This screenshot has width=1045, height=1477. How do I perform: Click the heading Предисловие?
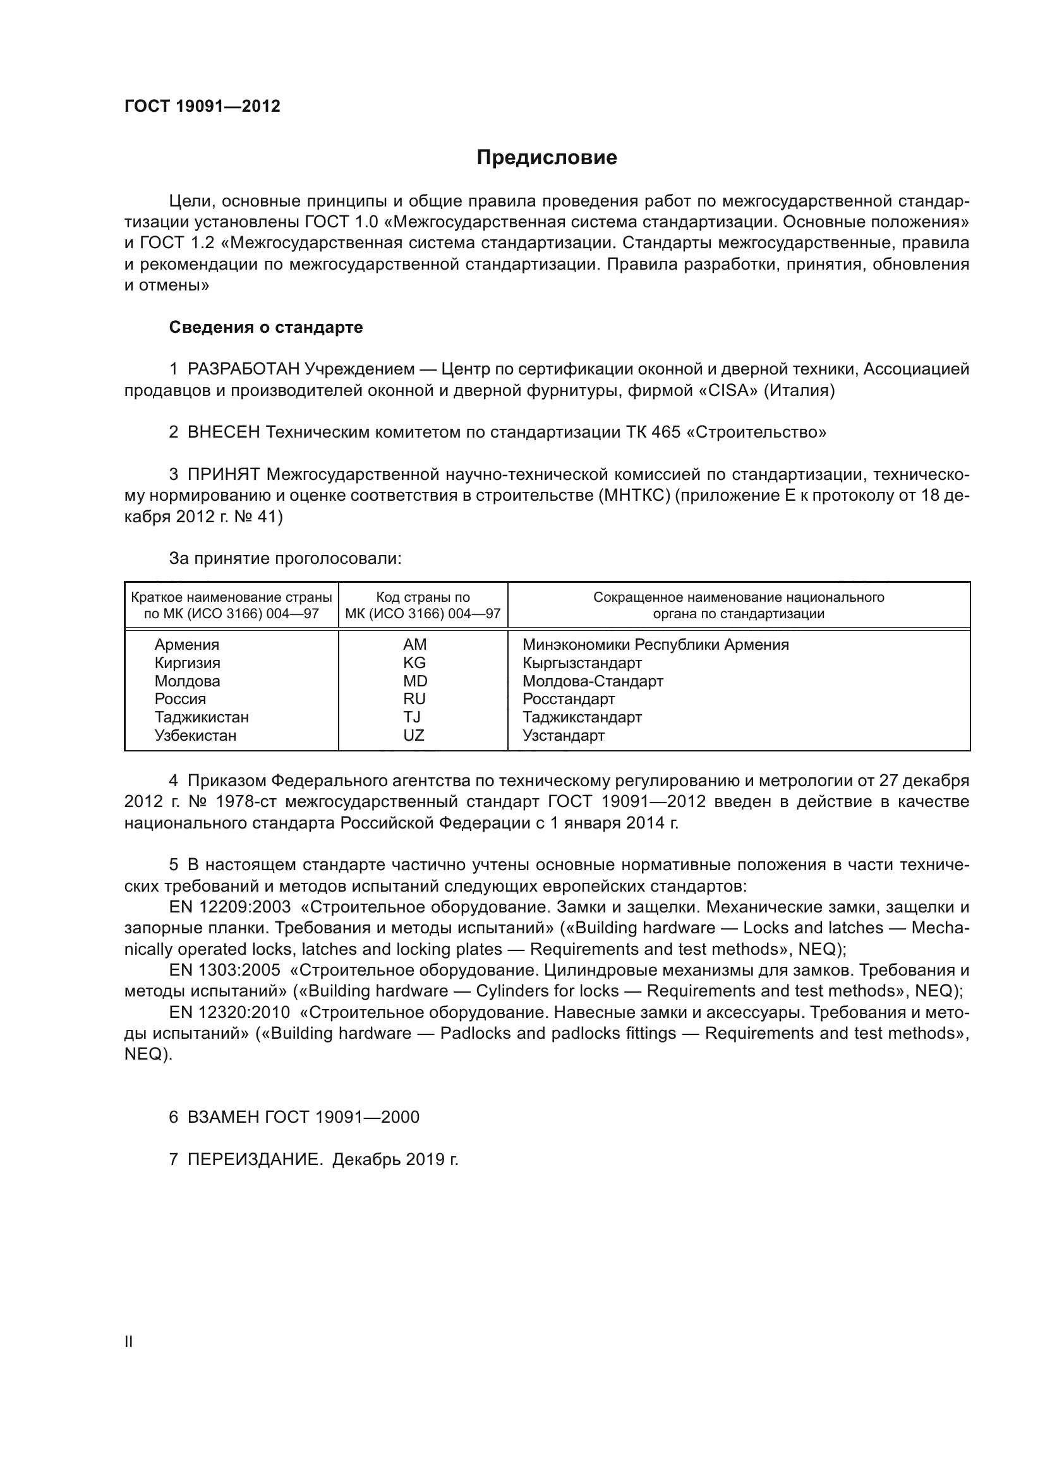tap(547, 158)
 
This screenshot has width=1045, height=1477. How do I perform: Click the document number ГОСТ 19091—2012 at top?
tap(202, 107)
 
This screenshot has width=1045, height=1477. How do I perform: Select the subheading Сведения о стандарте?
tap(266, 328)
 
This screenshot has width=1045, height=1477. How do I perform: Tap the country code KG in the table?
tap(414, 662)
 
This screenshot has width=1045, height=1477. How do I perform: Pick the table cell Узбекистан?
tap(195, 735)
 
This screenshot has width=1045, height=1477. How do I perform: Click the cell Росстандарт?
tap(568, 698)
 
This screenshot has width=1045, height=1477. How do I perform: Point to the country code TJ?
tap(412, 717)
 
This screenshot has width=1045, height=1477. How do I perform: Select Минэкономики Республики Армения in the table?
tap(655, 645)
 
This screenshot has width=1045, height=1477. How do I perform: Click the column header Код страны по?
tap(423, 597)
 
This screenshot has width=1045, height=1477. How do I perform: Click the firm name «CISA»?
tap(728, 390)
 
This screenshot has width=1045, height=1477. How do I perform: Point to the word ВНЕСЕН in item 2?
tap(223, 433)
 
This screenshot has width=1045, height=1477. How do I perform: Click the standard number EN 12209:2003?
tap(230, 907)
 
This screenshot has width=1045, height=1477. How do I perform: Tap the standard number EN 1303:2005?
tap(224, 970)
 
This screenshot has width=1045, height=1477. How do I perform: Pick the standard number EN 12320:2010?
tap(230, 1012)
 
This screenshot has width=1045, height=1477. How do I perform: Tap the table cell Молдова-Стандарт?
tap(592, 681)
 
